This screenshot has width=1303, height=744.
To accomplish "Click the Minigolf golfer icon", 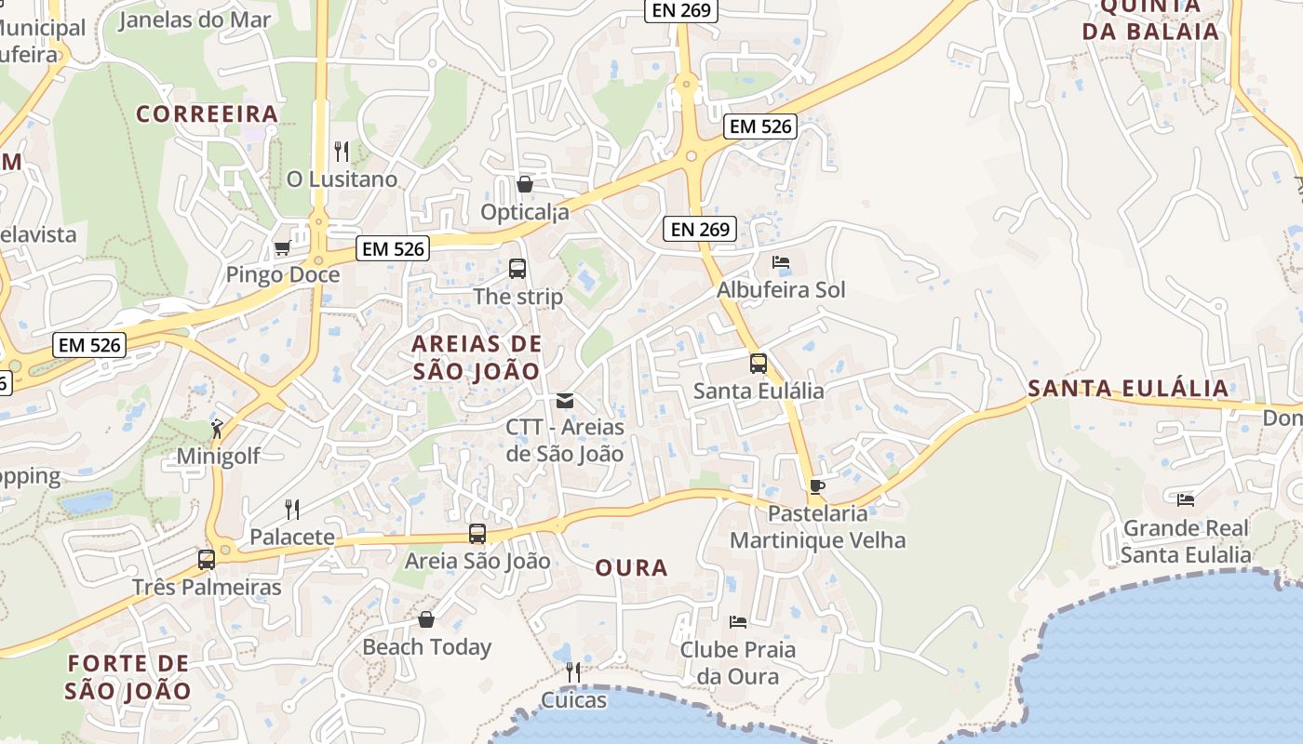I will (217, 429).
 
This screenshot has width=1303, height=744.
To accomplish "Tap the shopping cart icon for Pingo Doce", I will (282, 247).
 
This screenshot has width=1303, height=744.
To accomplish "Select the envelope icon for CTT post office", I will (564, 400).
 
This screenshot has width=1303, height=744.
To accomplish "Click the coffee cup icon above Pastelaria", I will (817, 485).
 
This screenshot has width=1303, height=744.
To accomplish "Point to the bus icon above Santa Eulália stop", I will (759, 363).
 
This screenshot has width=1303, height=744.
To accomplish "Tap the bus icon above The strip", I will (517, 269).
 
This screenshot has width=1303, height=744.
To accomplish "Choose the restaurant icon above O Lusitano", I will (342, 151).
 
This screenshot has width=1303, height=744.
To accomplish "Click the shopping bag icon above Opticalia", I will (525, 184).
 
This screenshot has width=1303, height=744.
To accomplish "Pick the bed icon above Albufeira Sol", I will (781, 262).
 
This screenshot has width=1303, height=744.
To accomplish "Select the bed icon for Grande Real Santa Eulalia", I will (1185, 500).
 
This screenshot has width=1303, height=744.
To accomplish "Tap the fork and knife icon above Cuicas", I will (573, 671).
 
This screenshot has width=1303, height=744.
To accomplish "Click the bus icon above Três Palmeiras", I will (207, 559).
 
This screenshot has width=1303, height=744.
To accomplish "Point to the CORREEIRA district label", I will (208, 113).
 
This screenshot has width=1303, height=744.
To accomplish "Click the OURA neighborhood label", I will (631, 567).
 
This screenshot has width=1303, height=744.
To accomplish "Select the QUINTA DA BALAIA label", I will (1160, 19).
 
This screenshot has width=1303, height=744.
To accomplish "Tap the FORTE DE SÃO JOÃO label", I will (128, 677).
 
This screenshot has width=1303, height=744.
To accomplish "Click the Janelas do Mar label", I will (195, 20).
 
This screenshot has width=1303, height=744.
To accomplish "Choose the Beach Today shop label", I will (426, 647).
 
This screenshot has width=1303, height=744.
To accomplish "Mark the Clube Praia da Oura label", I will (737, 662).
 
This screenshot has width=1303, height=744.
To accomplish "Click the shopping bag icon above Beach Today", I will (426, 619).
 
